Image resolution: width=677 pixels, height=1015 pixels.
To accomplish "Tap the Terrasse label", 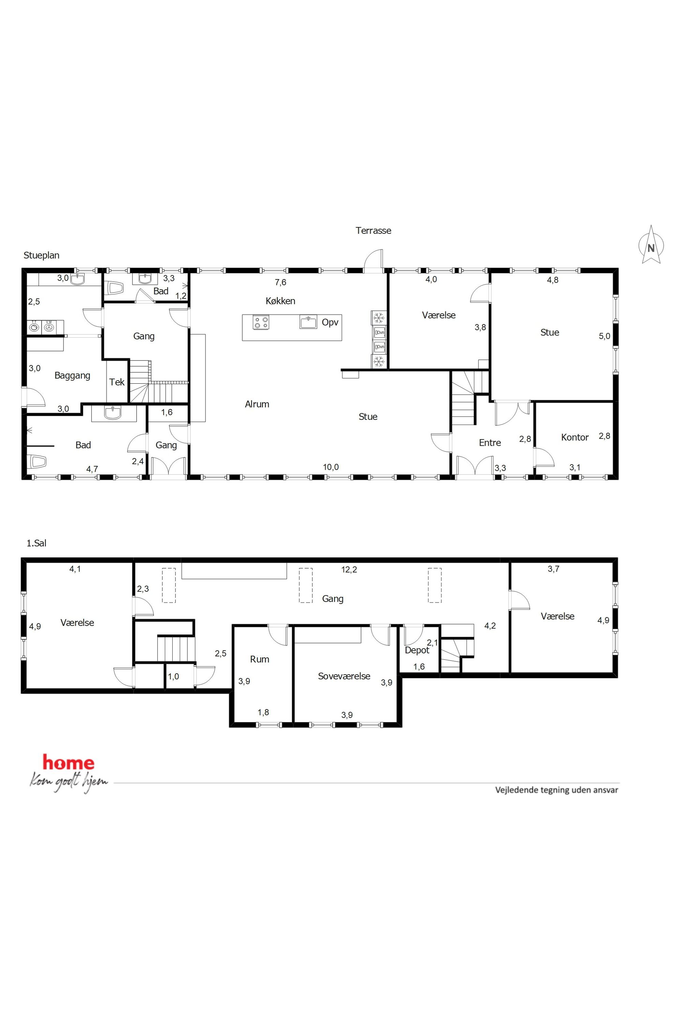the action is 373,231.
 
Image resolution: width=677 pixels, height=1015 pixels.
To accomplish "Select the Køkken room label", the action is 280,301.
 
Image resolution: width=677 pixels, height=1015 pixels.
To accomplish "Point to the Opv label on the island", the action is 330,322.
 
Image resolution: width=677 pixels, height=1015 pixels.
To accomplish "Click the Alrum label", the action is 257,404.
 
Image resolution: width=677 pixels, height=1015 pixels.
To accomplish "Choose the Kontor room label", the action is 575,437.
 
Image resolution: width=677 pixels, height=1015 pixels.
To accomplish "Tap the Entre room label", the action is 490,442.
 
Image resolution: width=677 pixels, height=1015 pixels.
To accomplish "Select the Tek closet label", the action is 117,382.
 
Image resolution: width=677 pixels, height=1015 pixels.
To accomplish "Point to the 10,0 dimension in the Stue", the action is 331,467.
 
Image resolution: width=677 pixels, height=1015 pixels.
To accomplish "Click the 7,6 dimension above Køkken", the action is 280,282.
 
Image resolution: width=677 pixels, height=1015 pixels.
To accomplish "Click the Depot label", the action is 417,650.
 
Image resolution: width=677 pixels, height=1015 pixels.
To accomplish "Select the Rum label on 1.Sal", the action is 259,659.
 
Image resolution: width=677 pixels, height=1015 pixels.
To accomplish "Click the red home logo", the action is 68,763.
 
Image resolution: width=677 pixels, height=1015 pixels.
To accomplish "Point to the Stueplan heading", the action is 41,255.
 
